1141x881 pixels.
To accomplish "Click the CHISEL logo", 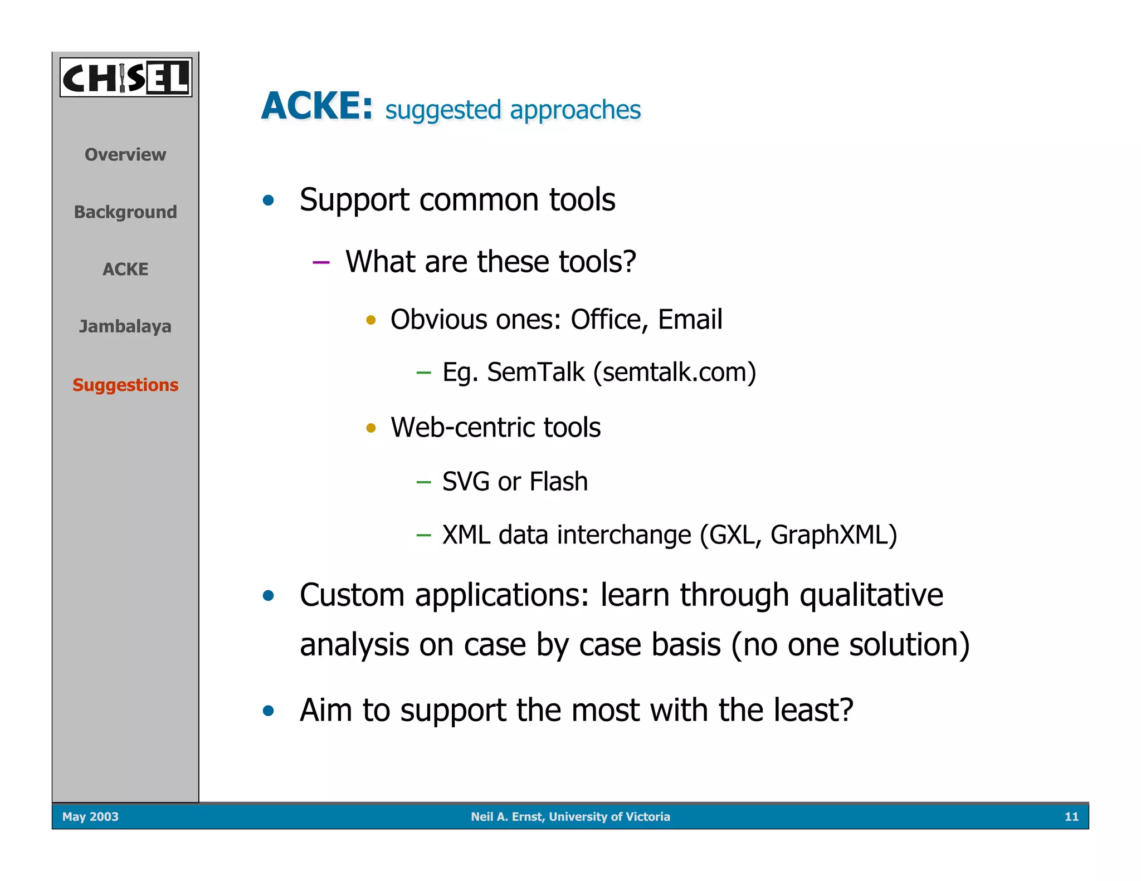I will click(x=126, y=77).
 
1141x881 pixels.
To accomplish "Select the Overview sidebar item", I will click(x=125, y=154).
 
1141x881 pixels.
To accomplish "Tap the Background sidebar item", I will click(x=125, y=212).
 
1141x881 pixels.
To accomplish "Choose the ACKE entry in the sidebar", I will click(x=125, y=269).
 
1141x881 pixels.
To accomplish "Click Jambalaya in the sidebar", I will click(x=125, y=326).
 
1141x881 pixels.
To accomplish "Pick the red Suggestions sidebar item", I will click(x=125, y=385).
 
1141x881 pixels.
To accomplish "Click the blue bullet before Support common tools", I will click(x=269, y=200).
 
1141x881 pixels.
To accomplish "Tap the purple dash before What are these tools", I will click(x=321, y=262).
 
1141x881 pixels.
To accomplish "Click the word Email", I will click(x=690, y=320).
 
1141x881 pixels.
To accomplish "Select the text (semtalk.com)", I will click(x=675, y=372).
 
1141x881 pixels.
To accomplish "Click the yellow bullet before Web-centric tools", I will click(x=371, y=428).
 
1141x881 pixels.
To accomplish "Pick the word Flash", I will click(x=558, y=481).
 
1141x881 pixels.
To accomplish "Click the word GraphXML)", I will click(x=833, y=535).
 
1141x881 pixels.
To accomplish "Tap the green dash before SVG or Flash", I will click(x=423, y=482).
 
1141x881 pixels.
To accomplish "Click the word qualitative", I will click(x=871, y=595).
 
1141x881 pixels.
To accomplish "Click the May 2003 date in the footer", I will click(x=90, y=816).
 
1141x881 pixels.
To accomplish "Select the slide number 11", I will click(x=1071, y=816).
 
